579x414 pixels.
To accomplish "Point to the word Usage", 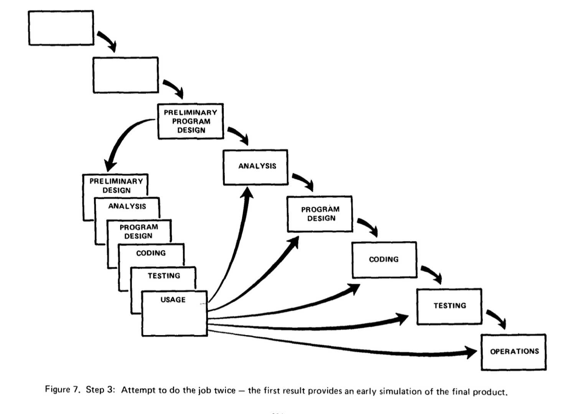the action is point(173,300).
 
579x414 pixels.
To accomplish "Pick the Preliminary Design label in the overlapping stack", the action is point(116,186).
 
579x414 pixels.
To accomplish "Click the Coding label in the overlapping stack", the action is point(151,253).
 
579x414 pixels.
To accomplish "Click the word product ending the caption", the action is point(490,392).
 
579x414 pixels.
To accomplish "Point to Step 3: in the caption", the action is point(100,390).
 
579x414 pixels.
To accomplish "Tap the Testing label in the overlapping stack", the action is point(164,276).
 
